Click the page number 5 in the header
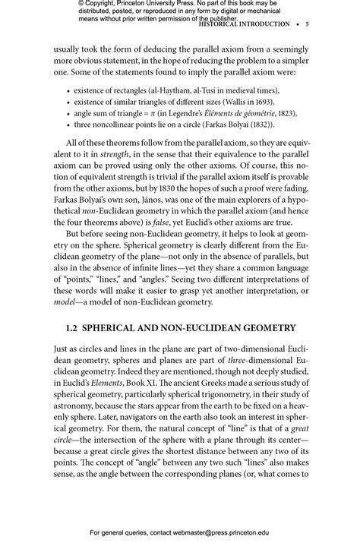(x=306, y=24)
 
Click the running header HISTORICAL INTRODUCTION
(x=244, y=24)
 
